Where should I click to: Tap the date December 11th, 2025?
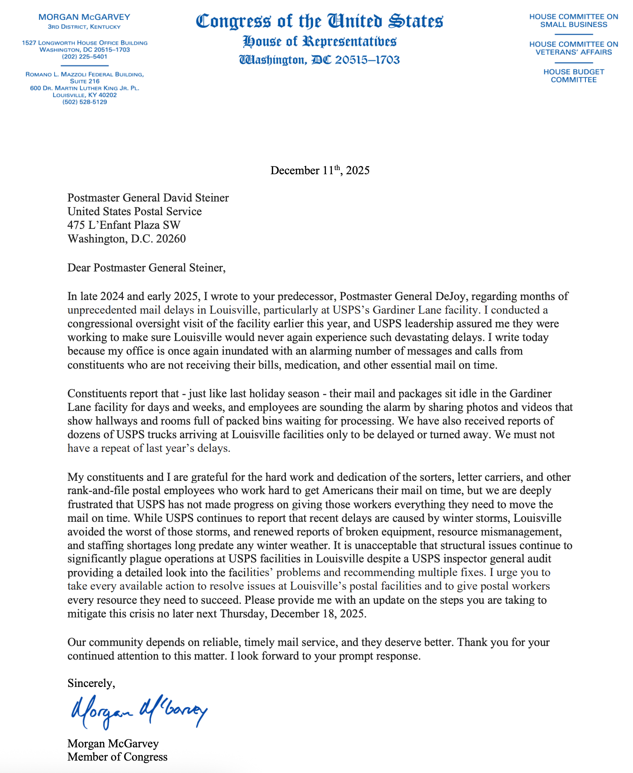pyautogui.click(x=320, y=170)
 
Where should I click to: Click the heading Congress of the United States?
pyautogui.click(x=319, y=22)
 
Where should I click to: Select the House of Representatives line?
pyautogui.click(x=319, y=41)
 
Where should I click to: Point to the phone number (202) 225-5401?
pyautogui.click(x=84, y=57)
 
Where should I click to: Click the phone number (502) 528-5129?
pyautogui.click(x=84, y=102)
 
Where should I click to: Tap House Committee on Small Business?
pyautogui.click(x=573, y=21)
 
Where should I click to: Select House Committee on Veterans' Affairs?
pyautogui.click(x=573, y=48)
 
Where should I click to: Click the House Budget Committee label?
pyautogui.click(x=573, y=76)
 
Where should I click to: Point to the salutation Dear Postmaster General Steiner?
pyautogui.click(x=146, y=268)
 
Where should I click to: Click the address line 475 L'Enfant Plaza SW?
pyautogui.click(x=124, y=225)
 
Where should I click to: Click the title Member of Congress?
pyautogui.click(x=117, y=757)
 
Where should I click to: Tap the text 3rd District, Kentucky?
pyautogui.click(x=84, y=27)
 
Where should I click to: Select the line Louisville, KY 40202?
pyautogui.click(x=84, y=95)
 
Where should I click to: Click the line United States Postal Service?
pyautogui.click(x=134, y=211)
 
